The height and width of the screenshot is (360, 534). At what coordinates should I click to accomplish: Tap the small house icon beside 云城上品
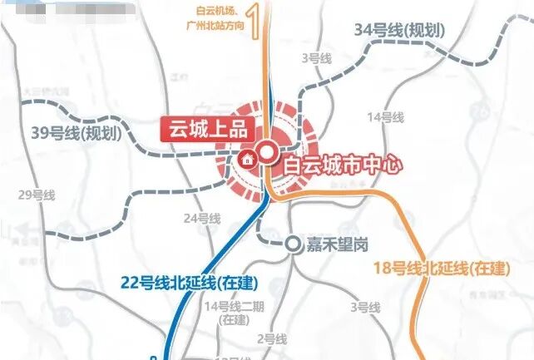[246, 159]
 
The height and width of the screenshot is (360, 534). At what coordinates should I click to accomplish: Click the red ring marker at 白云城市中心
[267, 152]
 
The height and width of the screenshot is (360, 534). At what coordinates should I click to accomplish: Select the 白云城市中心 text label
[343, 163]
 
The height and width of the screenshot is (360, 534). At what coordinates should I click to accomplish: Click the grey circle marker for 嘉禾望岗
[293, 244]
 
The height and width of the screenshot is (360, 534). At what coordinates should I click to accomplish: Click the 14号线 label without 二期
[384, 116]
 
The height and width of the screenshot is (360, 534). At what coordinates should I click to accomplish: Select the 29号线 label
[36, 195]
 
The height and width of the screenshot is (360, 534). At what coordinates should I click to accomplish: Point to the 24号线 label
[202, 218]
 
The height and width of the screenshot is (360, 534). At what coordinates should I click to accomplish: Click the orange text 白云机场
[207, 10]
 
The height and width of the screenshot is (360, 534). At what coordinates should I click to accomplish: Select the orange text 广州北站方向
[214, 26]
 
